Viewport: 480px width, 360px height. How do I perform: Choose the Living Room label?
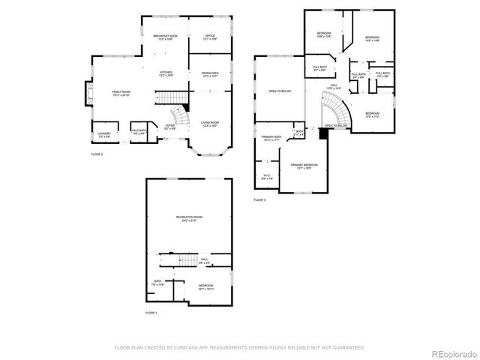click(209, 124)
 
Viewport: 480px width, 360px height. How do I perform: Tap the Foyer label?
click(170, 127)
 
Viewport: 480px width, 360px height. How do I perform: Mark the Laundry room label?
click(104, 136)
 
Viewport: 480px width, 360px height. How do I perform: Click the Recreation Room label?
click(190, 218)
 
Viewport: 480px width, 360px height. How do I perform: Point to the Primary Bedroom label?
click(304, 166)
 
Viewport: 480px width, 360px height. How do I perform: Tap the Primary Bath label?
click(271, 138)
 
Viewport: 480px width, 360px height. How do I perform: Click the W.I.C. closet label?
click(267, 178)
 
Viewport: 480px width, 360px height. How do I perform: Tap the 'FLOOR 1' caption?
click(151, 312)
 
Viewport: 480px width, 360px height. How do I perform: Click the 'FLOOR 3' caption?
click(259, 200)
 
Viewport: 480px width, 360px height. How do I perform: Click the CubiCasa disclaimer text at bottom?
click(239, 347)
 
